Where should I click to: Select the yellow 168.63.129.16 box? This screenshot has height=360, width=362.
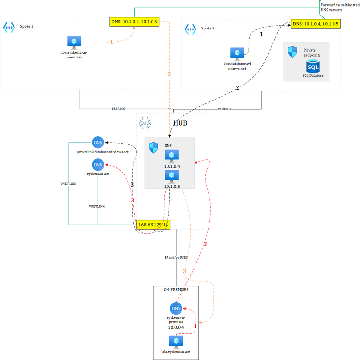click(153, 225)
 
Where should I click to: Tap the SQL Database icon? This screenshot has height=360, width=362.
click(313, 65)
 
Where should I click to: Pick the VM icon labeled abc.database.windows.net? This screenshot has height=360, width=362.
click(237, 53)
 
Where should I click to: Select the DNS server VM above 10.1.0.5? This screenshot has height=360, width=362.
click(172, 175)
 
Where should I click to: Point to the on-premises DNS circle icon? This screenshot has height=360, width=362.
click(176, 309)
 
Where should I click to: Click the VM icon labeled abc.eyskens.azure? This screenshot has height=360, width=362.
click(176, 342)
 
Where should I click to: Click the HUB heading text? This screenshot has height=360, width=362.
click(180, 123)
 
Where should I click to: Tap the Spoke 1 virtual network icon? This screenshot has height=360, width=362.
click(9, 27)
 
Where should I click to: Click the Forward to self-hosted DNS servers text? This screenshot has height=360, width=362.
click(337, 7)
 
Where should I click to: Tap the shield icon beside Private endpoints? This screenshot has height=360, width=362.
click(292, 52)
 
